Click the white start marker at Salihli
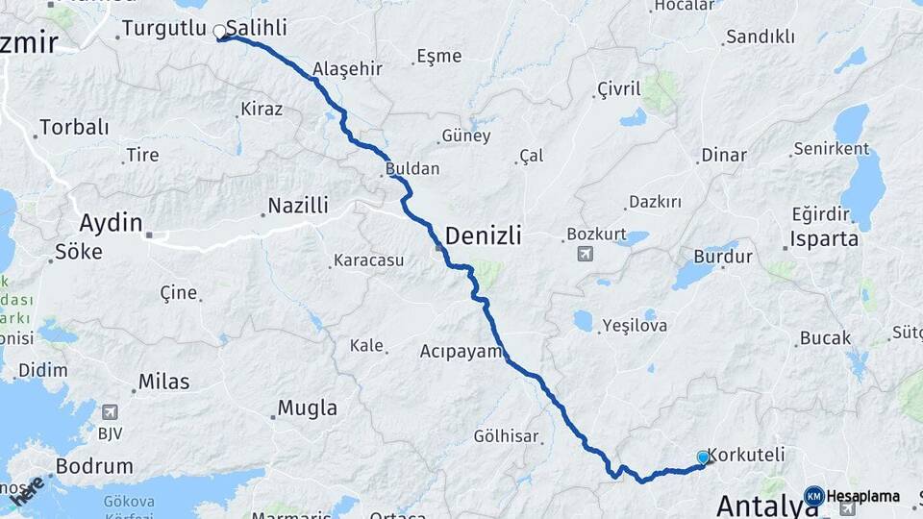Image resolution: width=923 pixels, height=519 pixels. click(220, 32)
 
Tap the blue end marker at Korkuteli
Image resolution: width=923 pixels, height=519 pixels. click(703, 457)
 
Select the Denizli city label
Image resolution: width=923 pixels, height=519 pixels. click(483, 234)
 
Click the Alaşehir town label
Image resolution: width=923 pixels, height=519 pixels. click(347, 69)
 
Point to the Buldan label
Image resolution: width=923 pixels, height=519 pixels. click(412, 169)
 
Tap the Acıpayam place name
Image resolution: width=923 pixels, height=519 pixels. click(461, 352)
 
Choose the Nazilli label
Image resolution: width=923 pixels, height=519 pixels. click(298, 206)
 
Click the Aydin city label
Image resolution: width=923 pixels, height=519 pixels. click(111, 223)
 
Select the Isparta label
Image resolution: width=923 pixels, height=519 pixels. click(824, 239)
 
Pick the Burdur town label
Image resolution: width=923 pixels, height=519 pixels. click(723, 258)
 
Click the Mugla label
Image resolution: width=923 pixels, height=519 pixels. click(308, 408)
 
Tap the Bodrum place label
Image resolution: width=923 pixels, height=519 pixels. click(94, 466)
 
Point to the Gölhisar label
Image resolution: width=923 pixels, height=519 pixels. click(506, 436)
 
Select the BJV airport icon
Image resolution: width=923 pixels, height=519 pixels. click(111, 412)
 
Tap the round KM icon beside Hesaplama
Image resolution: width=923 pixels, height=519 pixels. click(813, 496)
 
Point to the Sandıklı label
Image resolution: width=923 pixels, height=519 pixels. click(760, 37)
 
